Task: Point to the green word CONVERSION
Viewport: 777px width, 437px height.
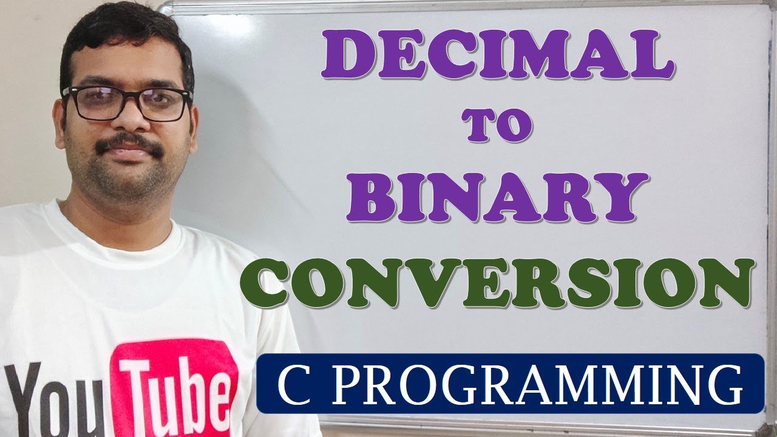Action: [x=497, y=283]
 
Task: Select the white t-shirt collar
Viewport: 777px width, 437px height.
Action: [x=121, y=234]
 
